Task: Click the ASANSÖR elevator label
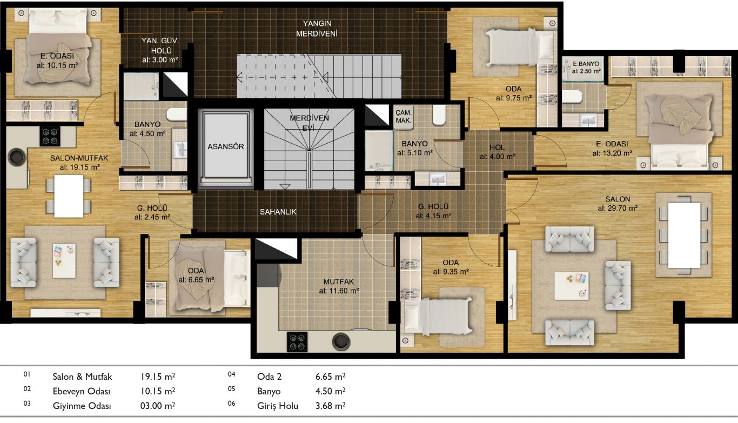pyautogui.click(x=226, y=146)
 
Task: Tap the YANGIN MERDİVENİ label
pyautogui.click(x=317, y=28)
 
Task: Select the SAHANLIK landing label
pyautogui.click(x=278, y=212)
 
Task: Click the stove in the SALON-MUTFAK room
pyautogui.click(x=50, y=136)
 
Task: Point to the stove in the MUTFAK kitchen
pyautogui.click(x=298, y=342)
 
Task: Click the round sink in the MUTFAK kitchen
pyautogui.click(x=341, y=341)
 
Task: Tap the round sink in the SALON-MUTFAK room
pyautogui.click(x=17, y=157)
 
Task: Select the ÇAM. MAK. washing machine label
pyautogui.click(x=404, y=117)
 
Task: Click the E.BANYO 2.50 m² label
pyautogui.click(x=586, y=67)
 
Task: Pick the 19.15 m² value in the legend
pyautogui.click(x=158, y=377)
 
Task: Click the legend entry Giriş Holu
pyautogui.click(x=277, y=406)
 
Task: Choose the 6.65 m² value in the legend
pyautogui.click(x=331, y=377)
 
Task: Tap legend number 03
pyautogui.click(x=27, y=403)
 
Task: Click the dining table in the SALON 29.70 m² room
pyautogui.click(x=684, y=235)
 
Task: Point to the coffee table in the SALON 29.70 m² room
pyautogui.click(x=572, y=286)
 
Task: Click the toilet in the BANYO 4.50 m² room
pyautogui.click(x=177, y=115)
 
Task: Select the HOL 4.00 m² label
pyautogui.click(x=497, y=152)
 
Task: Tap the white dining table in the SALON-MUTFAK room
pyautogui.click(x=69, y=196)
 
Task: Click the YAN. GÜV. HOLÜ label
pyautogui.click(x=160, y=50)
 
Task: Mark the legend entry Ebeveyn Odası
pyautogui.click(x=82, y=391)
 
